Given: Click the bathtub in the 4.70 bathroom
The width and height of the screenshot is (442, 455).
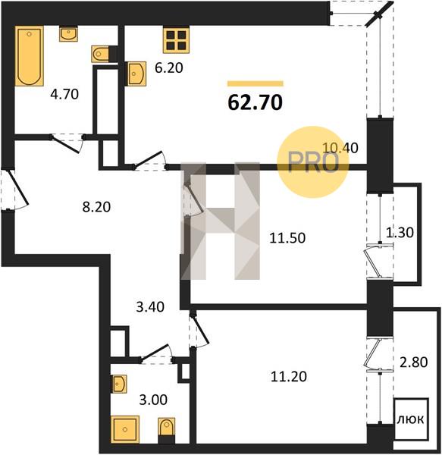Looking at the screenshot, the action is (x=30, y=55).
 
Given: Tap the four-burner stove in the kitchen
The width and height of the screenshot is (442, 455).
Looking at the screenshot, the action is (x=176, y=40).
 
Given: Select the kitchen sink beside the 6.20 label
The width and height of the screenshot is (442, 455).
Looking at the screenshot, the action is (x=136, y=74).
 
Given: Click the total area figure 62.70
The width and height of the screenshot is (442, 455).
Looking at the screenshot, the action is (x=255, y=102).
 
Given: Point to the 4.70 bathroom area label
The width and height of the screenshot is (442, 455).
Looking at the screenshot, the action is (x=64, y=94).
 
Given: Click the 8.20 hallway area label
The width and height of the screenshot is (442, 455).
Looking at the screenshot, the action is (x=96, y=207).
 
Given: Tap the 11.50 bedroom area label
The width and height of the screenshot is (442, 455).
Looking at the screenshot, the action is (x=287, y=238).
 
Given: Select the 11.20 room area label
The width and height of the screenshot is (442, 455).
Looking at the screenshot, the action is (x=289, y=377).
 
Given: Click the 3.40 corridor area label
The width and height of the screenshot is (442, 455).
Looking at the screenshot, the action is (x=150, y=307).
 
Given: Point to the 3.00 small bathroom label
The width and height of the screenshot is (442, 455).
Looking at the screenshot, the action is (x=153, y=400).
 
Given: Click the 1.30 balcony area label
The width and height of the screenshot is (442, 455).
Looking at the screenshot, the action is (x=400, y=233).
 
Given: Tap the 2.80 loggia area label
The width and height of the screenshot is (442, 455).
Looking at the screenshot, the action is (x=414, y=362).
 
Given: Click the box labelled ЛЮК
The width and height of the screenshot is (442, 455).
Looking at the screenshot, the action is (x=411, y=419).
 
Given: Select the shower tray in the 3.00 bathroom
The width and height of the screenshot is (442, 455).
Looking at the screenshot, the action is (x=125, y=429).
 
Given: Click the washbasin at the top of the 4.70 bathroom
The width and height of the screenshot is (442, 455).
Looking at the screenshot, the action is (x=68, y=33).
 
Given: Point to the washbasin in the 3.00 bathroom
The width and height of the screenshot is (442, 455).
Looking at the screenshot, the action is (x=119, y=384).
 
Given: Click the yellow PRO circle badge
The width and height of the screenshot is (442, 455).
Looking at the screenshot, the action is (x=313, y=162).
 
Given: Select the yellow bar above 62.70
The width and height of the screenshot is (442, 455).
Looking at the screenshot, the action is (x=255, y=83).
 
